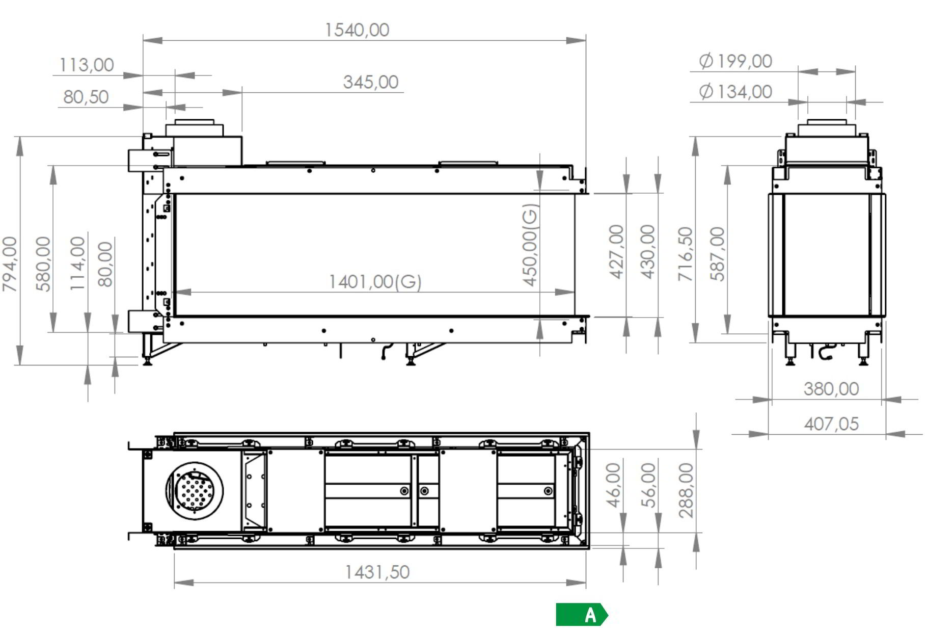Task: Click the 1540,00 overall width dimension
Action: tap(357, 30)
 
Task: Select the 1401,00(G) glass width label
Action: tap(375, 281)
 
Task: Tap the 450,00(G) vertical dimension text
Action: tap(530, 245)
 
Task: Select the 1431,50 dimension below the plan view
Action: tap(377, 572)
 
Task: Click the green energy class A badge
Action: tap(582, 615)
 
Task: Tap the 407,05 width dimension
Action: tap(831, 424)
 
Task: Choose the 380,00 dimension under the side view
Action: tap(831, 389)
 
